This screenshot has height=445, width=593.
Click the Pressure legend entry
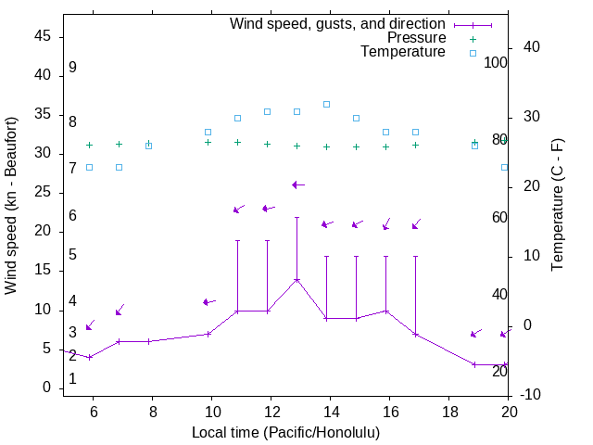coord(416,38)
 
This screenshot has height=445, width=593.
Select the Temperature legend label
coord(403,52)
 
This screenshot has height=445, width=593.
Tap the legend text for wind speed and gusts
coord(338,24)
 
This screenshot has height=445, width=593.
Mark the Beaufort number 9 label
coord(72,68)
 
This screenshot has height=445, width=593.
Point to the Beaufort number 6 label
coord(72,216)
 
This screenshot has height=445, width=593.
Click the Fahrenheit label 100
coord(497,62)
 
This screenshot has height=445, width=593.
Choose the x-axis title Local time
coord(285,432)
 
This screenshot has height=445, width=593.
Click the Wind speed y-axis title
coord(11,205)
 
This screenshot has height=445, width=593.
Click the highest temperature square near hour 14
coord(326,104)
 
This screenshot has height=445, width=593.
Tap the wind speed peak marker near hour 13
coord(296,279)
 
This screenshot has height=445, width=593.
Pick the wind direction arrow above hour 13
coord(297,185)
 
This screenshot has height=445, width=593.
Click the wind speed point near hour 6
coord(89,357)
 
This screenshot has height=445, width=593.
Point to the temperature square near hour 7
coord(119,167)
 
